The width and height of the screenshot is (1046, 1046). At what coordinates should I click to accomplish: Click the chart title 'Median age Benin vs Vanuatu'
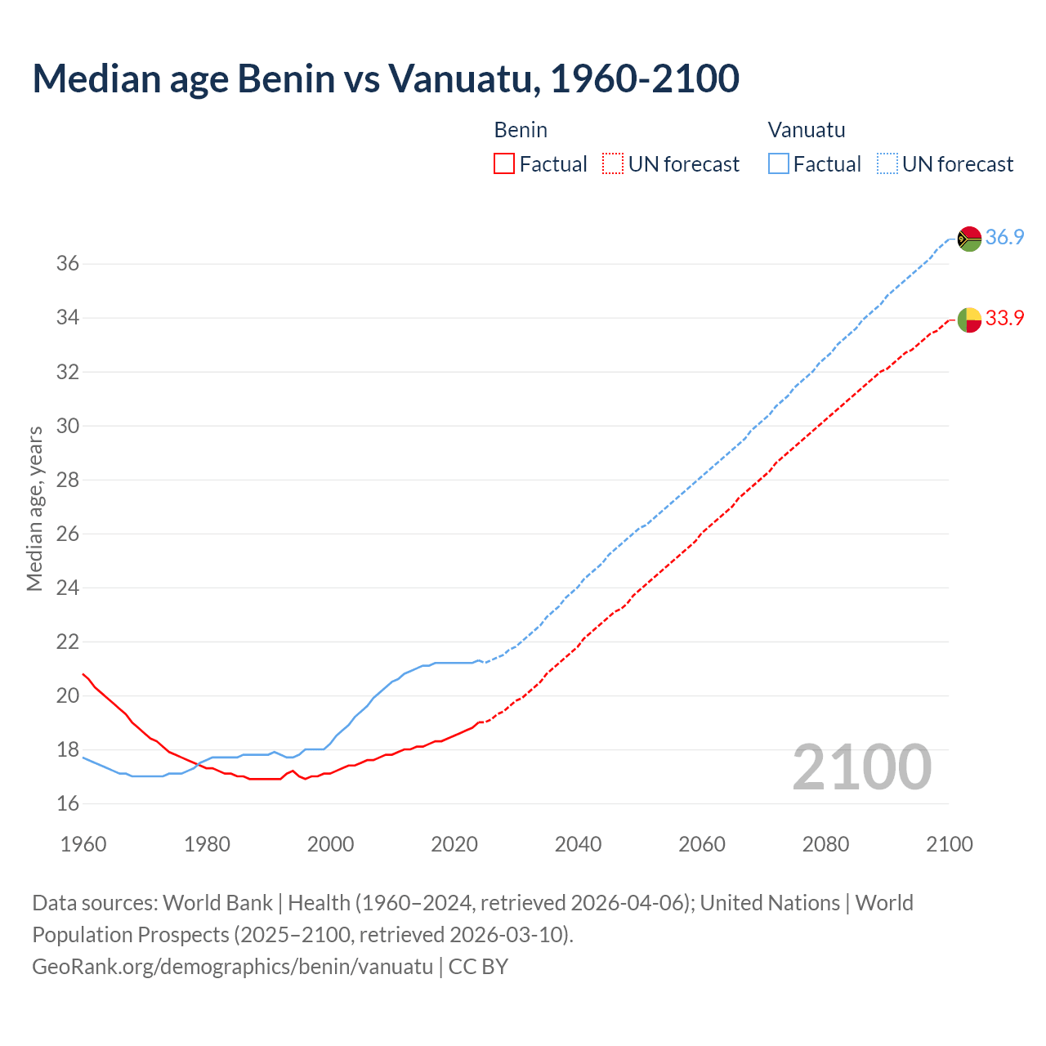click(386, 79)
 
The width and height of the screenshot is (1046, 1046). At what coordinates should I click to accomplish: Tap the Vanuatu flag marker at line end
click(969, 239)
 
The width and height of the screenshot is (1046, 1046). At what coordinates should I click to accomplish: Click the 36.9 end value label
click(1004, 238)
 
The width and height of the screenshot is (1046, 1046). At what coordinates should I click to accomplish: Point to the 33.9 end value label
click(1004, 319)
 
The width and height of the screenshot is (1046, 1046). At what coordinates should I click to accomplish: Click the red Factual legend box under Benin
click(504, 164)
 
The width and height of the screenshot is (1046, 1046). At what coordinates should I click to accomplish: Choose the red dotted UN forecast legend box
click(613, 164)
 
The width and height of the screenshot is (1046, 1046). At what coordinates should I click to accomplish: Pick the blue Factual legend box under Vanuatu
click(779, 164)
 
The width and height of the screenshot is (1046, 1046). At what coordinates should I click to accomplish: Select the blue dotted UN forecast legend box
click(887, 164)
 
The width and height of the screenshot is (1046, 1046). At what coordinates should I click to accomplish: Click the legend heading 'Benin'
click(521, 130)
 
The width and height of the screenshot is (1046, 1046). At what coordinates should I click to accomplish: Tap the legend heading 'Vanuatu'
click(807, 130)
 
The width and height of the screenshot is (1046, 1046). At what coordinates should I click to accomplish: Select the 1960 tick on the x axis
click(83, 844)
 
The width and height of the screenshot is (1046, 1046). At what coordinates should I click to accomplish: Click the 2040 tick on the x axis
click(578, 844)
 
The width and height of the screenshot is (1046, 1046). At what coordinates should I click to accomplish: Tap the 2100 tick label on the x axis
click(949, 844)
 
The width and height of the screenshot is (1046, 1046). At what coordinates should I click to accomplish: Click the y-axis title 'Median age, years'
click(34, 508)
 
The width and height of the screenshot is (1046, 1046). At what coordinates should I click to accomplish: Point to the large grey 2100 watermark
click(861, 767)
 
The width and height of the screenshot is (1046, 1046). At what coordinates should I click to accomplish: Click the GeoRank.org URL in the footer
click(232, 967)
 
